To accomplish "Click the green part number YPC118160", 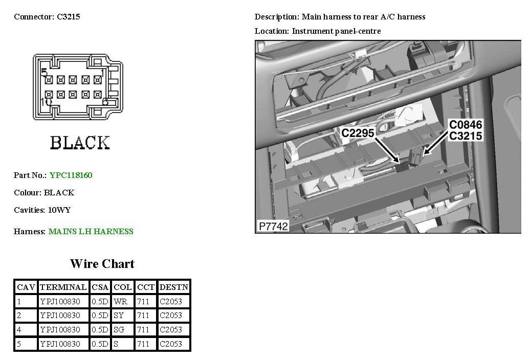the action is coord(71,175).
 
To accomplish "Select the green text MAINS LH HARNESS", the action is coord(91,232).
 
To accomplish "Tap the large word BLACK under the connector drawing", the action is coord(80,143).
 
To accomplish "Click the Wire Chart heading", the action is coord(102,264).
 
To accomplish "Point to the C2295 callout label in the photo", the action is coord(358,133).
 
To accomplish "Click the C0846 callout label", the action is coord(465,125).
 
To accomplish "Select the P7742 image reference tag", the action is coord(273,226).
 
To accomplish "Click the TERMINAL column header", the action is coord(63,287).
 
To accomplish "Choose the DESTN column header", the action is coord(174,287).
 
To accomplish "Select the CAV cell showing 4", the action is coord(19,330).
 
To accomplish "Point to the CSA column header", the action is coord(100,287).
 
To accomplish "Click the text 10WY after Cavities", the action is coord(59,210).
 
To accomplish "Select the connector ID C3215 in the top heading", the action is coord(68,17).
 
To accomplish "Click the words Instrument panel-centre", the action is coord(336,31).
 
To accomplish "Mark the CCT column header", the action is coord(146,287).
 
